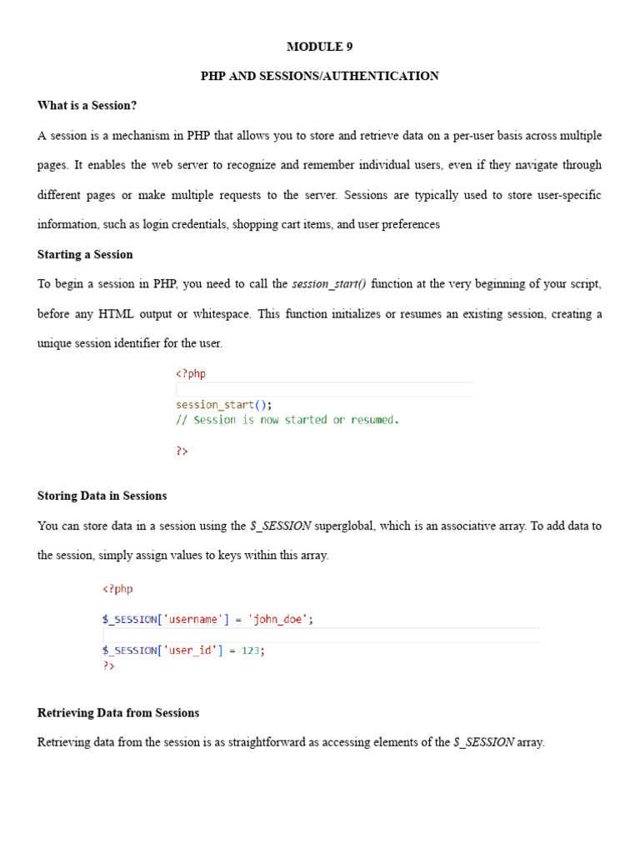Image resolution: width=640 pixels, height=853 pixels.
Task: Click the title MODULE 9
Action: (320, 47)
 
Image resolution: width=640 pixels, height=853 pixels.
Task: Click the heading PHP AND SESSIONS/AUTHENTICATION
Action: (320, 76)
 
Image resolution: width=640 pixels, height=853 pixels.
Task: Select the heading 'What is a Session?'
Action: (87, 106)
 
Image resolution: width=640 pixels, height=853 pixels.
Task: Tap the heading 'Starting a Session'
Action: (85, 254)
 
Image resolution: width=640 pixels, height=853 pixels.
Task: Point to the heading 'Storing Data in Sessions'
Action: (102, 496)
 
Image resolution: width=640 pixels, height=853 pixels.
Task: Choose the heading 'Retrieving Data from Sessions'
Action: (118, 713)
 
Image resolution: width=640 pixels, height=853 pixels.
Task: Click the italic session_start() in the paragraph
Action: (329, 284)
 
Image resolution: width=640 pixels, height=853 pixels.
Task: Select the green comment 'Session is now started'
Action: (287, 420)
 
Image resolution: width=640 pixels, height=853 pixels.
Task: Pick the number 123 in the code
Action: (251, 651)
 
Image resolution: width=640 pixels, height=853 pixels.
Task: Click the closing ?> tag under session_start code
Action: (182, 451)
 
